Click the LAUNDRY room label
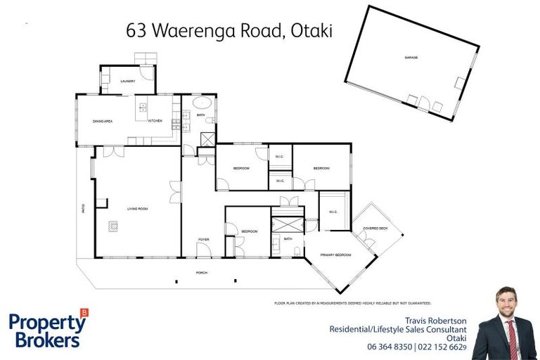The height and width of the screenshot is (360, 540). pos(127,81)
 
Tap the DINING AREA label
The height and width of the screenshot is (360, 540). pos(103,121)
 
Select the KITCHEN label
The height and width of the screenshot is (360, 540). pos(155,121)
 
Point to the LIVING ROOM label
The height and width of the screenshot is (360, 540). pos(136,209)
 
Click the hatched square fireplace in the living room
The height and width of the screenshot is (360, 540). pos(113,226)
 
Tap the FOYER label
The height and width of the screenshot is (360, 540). pos(203,240)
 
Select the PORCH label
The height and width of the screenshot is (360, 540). pos(201,273)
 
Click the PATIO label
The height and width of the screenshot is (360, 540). pos(82,209)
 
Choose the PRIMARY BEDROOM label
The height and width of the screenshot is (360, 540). pos(335,255)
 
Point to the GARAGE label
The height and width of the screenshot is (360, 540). pos(411,57)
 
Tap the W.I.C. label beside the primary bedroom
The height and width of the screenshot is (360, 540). pos(333,212)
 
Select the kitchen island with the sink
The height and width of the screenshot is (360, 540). pos(143,108)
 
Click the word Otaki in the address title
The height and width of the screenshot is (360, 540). pos(306,31)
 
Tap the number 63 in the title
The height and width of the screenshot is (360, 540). pos(136,31)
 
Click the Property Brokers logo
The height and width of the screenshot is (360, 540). pos(48,329)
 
